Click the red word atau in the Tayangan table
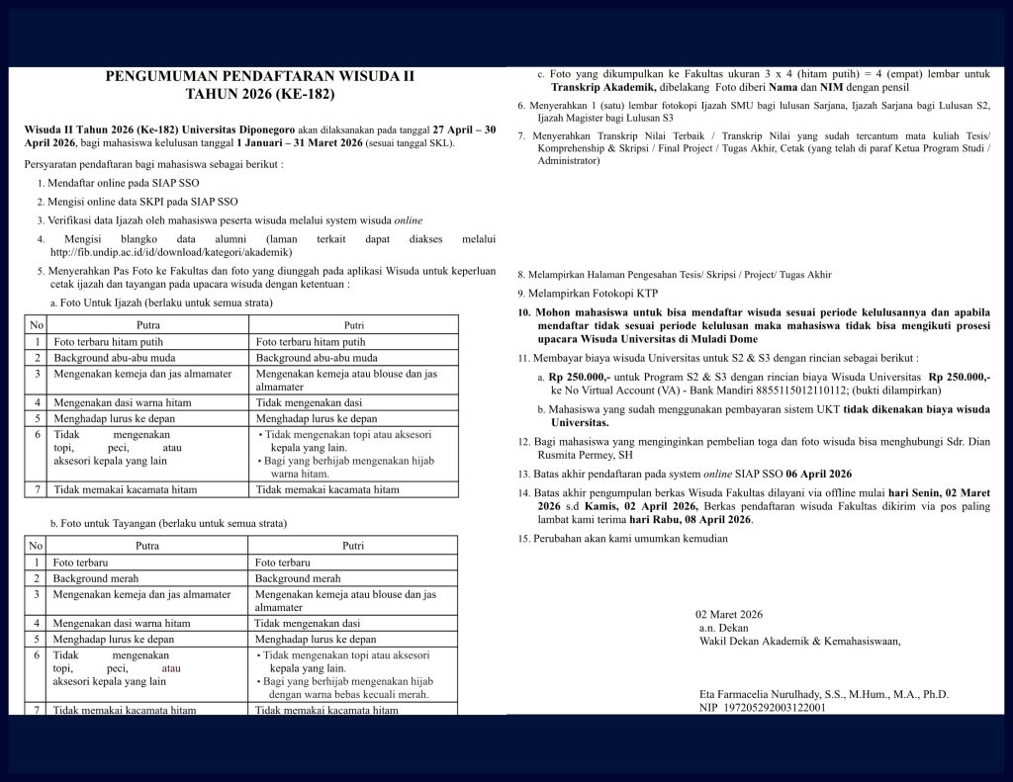171,668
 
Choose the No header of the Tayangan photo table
36,545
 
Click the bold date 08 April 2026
701,519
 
